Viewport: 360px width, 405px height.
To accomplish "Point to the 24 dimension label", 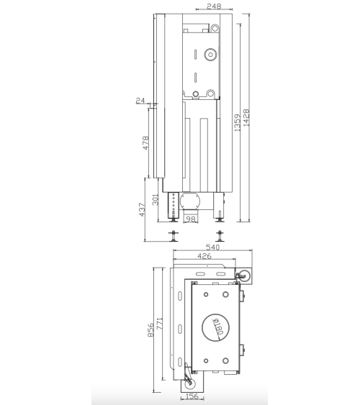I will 140,101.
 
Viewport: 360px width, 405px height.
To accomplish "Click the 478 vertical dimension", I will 145,143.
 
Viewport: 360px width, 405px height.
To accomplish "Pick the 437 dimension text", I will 143,209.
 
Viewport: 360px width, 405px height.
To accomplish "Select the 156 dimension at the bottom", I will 192,395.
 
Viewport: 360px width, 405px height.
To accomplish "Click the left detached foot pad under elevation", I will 174,235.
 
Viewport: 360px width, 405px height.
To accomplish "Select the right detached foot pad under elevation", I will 219,235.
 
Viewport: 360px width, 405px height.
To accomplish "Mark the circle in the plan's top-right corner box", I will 245,274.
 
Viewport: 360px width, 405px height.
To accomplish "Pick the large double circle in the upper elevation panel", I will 210,54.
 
